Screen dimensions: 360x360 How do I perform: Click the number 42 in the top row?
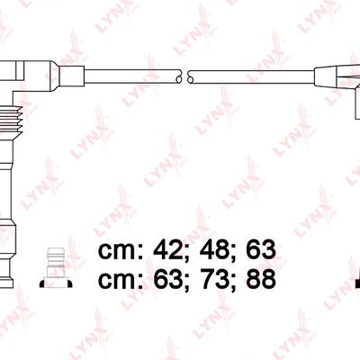click(x=168, y=250)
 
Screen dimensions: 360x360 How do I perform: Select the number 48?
click(x=214, y=250)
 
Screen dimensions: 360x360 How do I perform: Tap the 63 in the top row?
click(x=261, y=250)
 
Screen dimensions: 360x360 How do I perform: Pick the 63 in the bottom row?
click(x=168, y=279)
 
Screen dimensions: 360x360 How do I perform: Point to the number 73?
click(x=214, y=279)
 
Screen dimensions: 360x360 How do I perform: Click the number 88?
click(x=261, y=279)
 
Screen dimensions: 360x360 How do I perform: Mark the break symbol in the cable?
click(x=184, y=76)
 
